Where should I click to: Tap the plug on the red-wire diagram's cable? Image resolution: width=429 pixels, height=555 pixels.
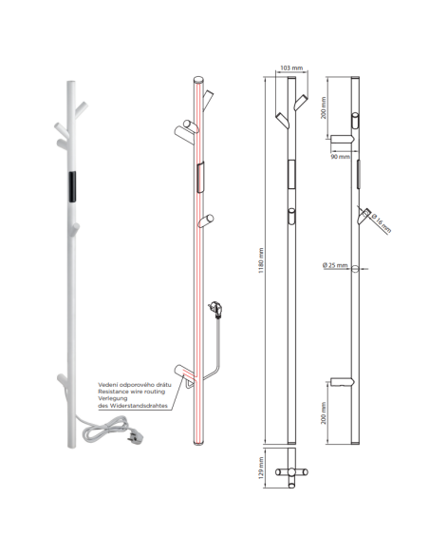pos(215,308)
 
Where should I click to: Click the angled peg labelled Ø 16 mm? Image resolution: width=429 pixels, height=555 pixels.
pos(364,215)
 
